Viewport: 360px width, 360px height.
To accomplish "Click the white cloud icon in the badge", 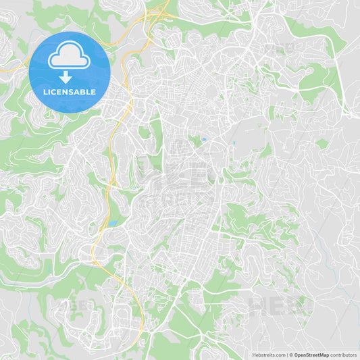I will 69,57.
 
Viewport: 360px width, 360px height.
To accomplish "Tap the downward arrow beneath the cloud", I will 66,77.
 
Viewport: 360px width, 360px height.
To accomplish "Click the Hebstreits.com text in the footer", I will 268,355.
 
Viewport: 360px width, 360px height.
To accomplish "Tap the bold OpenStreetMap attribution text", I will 311,355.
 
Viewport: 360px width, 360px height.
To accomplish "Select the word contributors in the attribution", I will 344,355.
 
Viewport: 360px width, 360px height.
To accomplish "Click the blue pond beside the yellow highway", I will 113,222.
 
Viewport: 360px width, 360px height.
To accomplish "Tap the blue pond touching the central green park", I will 203,140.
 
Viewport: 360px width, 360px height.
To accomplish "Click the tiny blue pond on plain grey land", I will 234,143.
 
